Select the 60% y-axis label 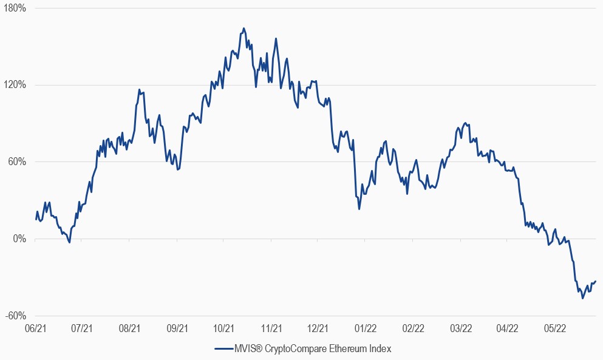16,162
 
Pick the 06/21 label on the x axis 35,328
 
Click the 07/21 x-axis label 82,328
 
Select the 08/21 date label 129,328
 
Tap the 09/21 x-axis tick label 177,328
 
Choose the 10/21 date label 224,328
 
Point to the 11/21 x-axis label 271,328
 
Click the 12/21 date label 318,328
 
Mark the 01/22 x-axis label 366,328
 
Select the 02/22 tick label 413,328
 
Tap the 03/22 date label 460,328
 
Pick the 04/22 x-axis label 507,328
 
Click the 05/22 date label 554,328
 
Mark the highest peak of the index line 244,28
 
